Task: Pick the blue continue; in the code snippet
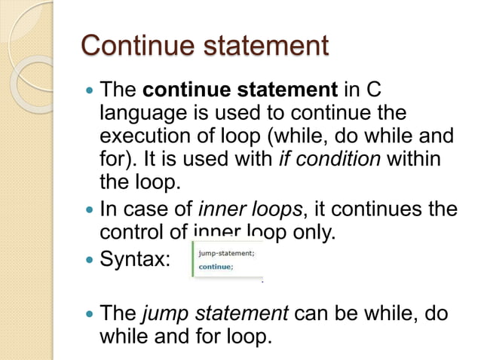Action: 216,266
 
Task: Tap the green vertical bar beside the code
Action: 193,259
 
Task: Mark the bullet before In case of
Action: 90,210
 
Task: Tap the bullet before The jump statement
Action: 90,313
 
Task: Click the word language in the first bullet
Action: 140,114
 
